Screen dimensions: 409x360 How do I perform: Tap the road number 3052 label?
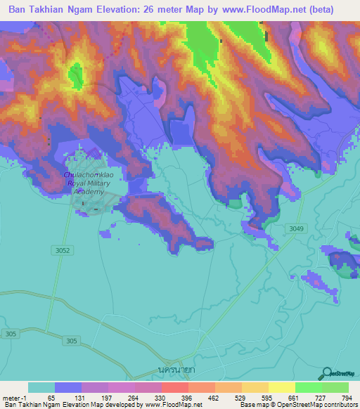click(x=62, y=250)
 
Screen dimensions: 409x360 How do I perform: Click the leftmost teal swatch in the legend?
click(x=41, y=387)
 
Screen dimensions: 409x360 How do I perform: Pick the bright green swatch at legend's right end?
click(x=335, y=387)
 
